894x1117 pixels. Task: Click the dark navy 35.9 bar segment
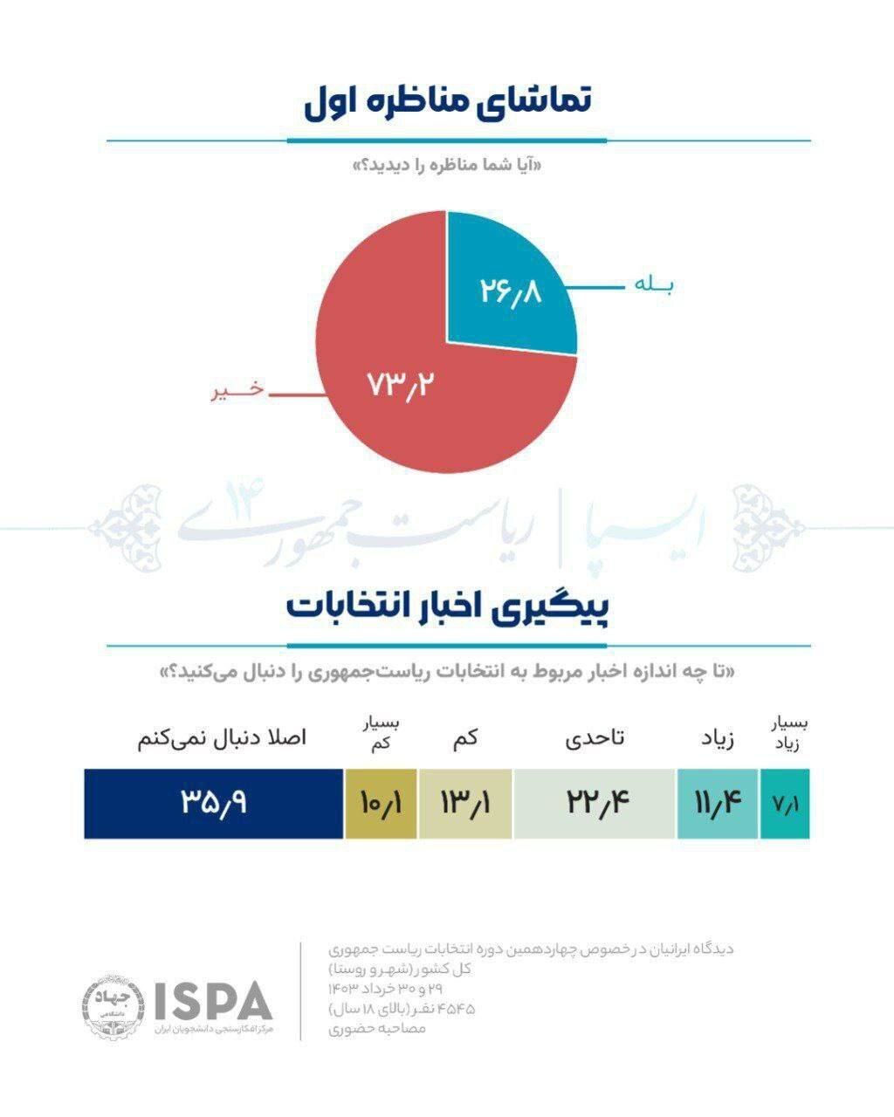click(x=214, y=804)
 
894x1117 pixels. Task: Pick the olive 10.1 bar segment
click(x=382, y=804)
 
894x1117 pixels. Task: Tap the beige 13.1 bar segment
click(x=465, y=804)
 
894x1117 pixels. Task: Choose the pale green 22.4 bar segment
click(x=595, y=804)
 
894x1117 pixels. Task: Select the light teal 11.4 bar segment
click(x=717, y=804)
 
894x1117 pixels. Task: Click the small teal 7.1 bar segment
click(x=785, y=804)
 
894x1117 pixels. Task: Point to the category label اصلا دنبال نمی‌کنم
click(x=222, y=738)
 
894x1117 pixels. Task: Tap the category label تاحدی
click(x=595, y=738)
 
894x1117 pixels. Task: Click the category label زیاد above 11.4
click(x=718, y=739)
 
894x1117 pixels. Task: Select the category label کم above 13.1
click(x=465, y=739)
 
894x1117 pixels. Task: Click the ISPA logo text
click(x=213, y=1000)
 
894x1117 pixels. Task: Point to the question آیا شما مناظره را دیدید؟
click(x=447, y=165)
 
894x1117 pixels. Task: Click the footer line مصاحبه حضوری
click(x=377, y=1030)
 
